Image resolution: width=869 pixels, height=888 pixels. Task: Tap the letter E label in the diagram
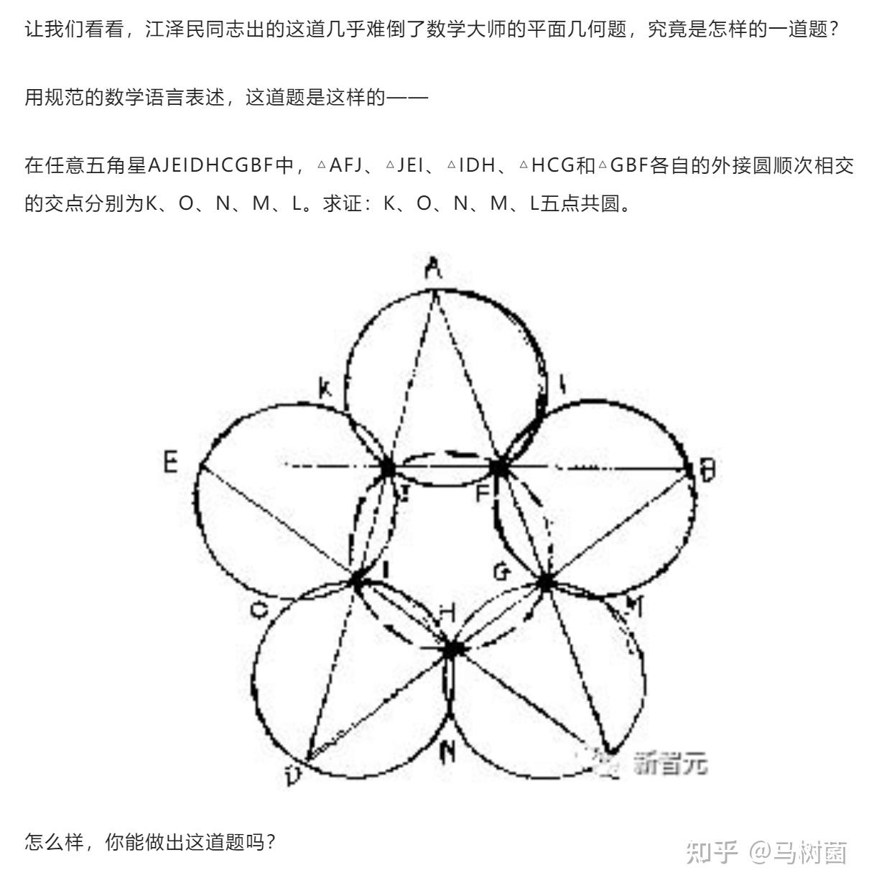tap(170, 461)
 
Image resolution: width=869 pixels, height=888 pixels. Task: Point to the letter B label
tap(707, 471)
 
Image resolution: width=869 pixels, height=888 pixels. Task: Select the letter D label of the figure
tap(292, 775)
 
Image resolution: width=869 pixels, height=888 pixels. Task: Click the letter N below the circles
tap(447, 751)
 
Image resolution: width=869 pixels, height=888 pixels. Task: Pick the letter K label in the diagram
tap(325, 389)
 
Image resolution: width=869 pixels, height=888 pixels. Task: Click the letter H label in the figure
tap(447, 613)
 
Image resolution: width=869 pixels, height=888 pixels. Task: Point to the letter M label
tap(633, 606)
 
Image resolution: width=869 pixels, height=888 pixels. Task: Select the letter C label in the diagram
tap(259, 610)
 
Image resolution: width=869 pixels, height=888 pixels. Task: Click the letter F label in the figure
tap(483, 494)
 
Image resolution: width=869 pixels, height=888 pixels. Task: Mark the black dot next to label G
tap(545, 582)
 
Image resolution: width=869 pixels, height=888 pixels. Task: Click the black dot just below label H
tap(452, 649)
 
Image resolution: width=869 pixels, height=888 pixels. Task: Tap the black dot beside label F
tap(498, 468)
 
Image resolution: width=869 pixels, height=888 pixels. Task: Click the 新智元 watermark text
tap(670, 763)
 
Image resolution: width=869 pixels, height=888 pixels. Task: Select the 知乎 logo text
tap(712, 852)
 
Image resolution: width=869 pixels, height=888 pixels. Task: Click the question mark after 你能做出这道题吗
tap(271, 841)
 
